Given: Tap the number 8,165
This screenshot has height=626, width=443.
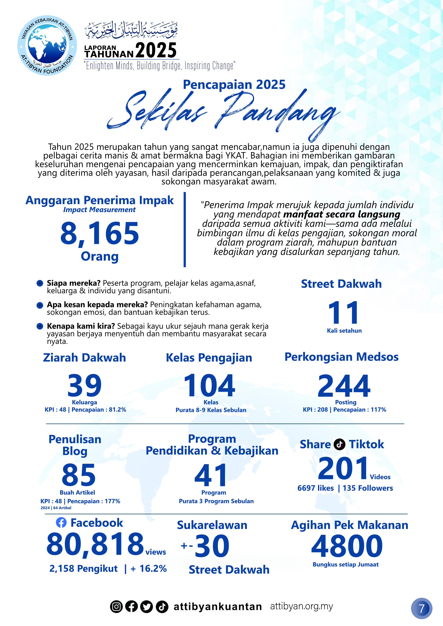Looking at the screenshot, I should (100, 233).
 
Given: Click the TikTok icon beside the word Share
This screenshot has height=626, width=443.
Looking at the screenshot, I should (340, 444).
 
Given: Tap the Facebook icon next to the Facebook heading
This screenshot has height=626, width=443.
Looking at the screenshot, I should (61, 523).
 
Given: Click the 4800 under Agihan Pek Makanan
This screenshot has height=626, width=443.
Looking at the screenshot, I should (347, 546).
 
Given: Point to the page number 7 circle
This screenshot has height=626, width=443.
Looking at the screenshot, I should (421, 608).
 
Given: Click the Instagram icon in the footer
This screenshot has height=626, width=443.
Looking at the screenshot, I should (116, 607).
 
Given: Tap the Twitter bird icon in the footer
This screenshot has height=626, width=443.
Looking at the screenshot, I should (146, 607).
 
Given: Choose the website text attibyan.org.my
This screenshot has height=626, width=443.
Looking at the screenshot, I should (301, 606).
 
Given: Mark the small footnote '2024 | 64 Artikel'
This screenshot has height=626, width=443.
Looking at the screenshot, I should (56, 508).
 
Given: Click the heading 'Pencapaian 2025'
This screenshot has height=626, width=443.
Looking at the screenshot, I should (234, 85).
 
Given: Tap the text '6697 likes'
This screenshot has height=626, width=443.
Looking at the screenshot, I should (316, 488).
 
